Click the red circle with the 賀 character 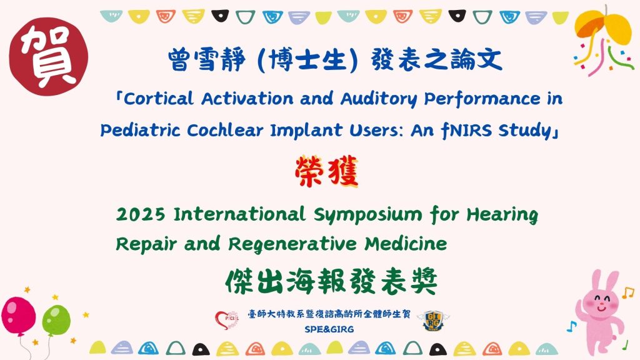(49, 56)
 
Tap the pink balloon (18, 317)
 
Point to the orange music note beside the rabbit (627, 292)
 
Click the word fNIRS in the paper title (466, 131)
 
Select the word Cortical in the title (159, 98)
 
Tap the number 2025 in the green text (141, 215)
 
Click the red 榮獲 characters (326, 172)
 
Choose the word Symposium (367, 215)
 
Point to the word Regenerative (292, 244)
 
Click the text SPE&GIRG (329, 329)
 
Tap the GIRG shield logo (434, 321)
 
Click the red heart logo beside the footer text (227, 319)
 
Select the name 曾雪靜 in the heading (206, 59)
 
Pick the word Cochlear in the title (225, 131)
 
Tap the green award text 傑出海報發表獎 (331, 281)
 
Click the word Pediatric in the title (140, 131)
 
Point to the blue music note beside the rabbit (571, 326)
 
